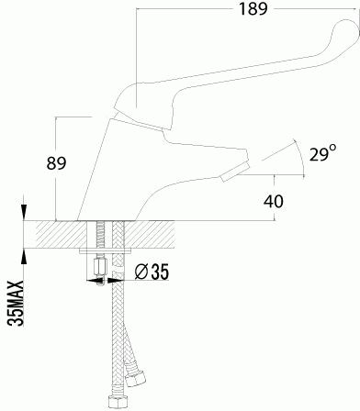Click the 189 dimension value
253,8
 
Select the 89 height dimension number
56,163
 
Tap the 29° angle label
322,153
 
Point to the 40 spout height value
274,201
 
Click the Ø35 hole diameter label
152,272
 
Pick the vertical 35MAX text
16,304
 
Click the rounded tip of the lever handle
349,29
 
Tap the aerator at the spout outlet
235,172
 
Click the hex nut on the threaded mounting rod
99,266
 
